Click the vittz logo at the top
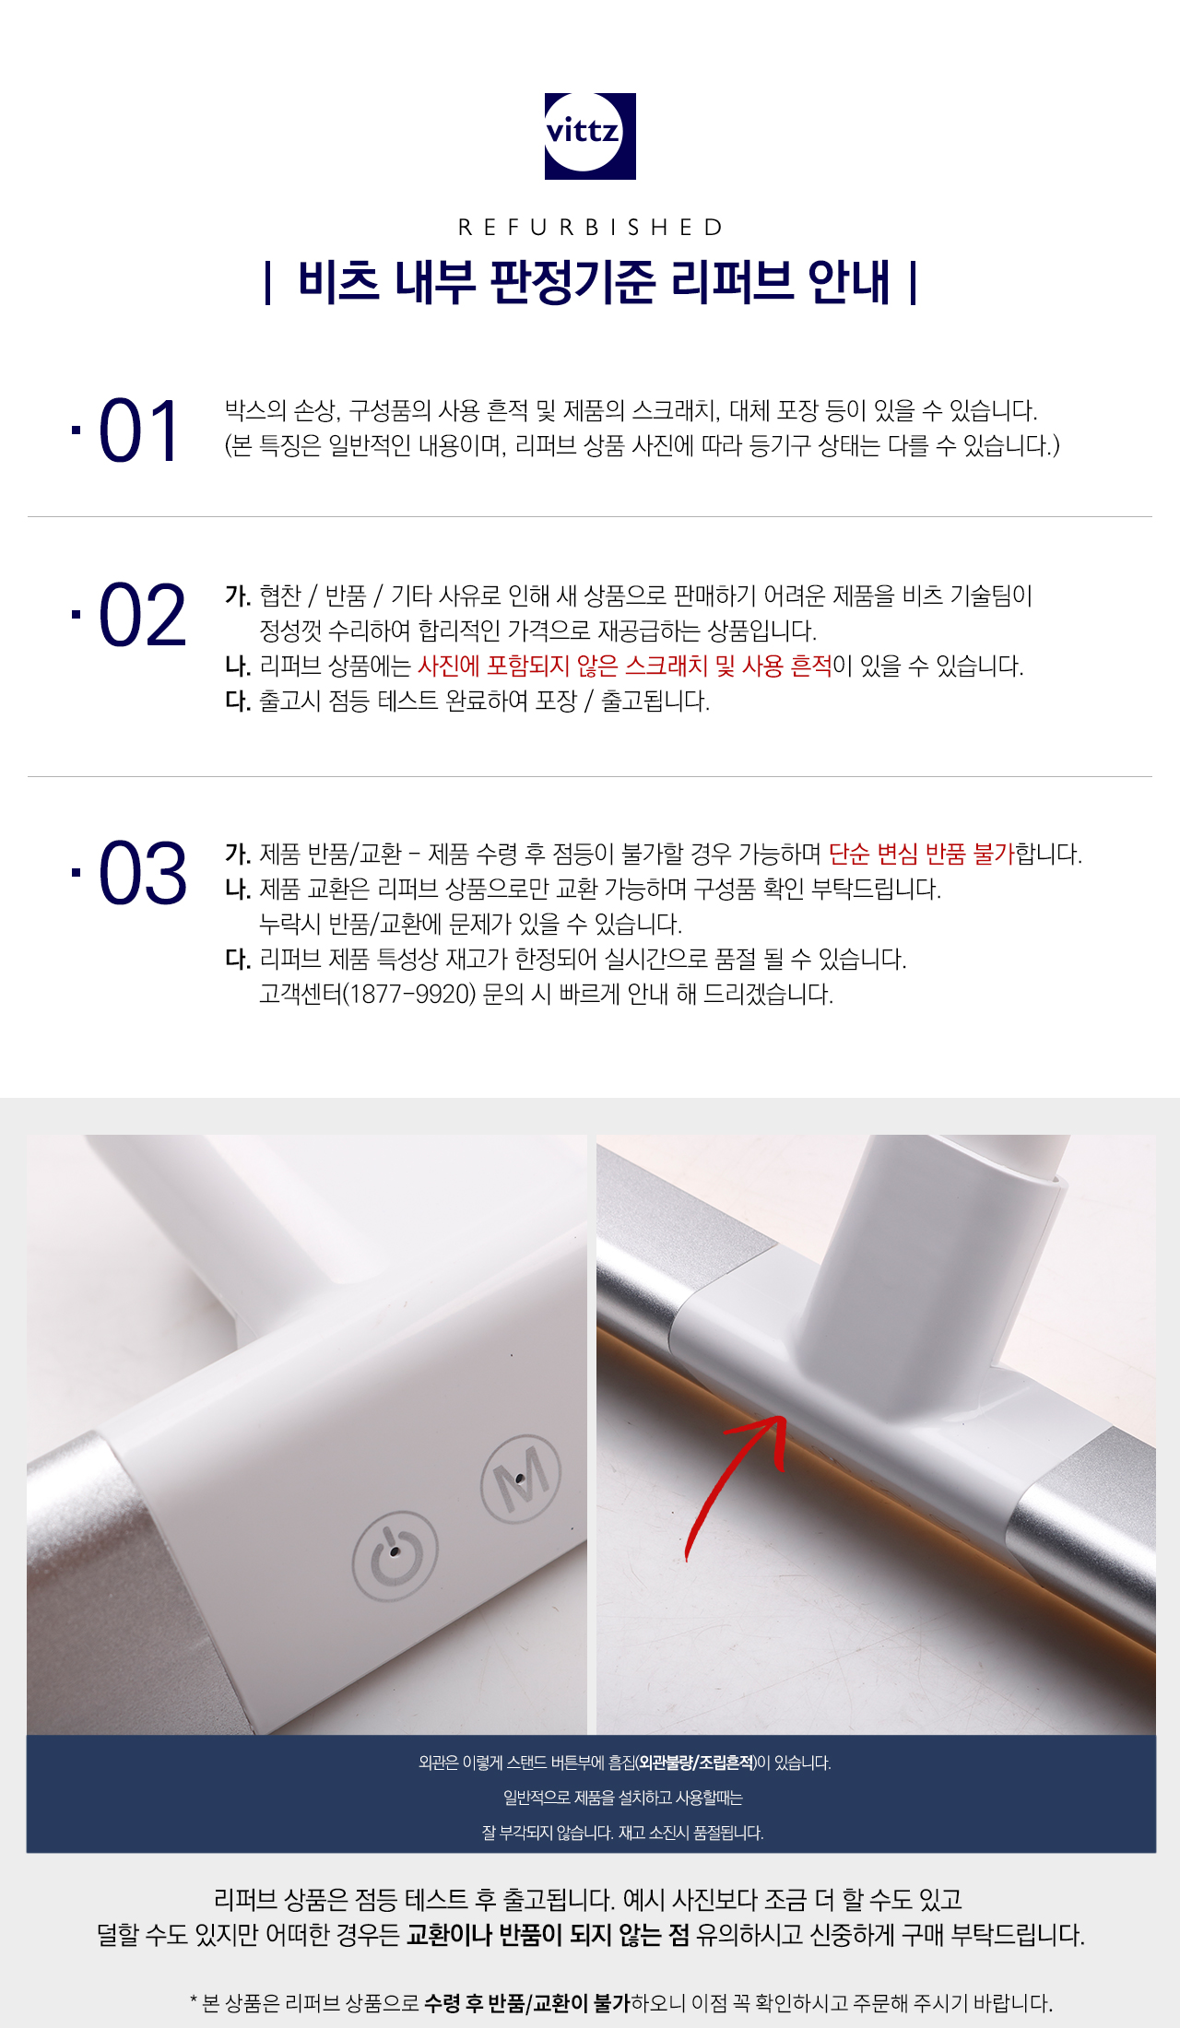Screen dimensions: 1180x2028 (590, 136)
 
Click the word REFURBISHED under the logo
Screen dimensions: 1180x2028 (591, 227)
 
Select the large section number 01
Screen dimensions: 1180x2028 (139, 431)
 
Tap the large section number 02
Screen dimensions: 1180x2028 (142, 615)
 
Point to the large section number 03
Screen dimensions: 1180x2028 (142, 873)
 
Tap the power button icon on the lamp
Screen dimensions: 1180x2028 (395, 1556)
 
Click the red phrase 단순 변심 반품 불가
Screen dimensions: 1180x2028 (921, 854)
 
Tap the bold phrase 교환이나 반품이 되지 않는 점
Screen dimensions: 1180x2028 (548, 1934)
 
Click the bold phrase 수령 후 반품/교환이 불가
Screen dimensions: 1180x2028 (527, 2002)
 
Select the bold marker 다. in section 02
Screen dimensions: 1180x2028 (238, 701)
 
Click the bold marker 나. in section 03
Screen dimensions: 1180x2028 (238, 889)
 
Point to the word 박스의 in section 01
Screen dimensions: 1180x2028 (255, 410)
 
